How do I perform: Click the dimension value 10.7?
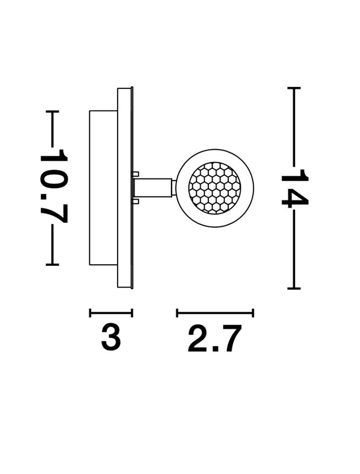pos(53,186)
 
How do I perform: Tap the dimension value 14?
pos(295,188)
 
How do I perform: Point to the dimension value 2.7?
pos(215,338)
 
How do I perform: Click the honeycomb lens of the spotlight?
pos(214,188)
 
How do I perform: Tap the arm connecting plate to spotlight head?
pos(153,188)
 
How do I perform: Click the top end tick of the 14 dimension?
pos(294,88)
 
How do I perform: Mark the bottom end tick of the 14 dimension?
pos(294,288)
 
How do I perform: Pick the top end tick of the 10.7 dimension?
pos(52,112)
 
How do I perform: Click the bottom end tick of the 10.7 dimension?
pos(52,265)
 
